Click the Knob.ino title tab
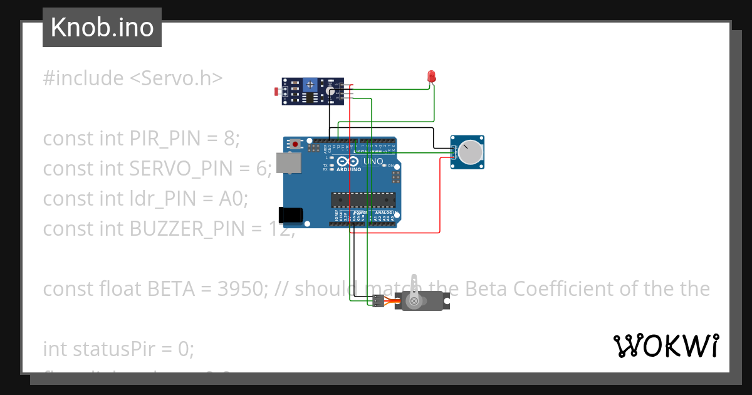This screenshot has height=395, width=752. [102, 28]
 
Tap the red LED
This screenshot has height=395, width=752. [431, 77]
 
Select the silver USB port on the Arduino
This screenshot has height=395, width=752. [289, 163]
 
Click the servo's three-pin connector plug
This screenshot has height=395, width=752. [376, 301]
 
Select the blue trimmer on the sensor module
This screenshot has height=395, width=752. [310, 84]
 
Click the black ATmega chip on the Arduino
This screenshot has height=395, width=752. [363, 199]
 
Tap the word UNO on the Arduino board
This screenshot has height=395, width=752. [373, 161]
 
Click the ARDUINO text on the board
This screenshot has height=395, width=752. [348, 169]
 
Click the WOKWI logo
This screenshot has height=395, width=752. [666, 346]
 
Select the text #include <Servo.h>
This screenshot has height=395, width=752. [133, 78]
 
